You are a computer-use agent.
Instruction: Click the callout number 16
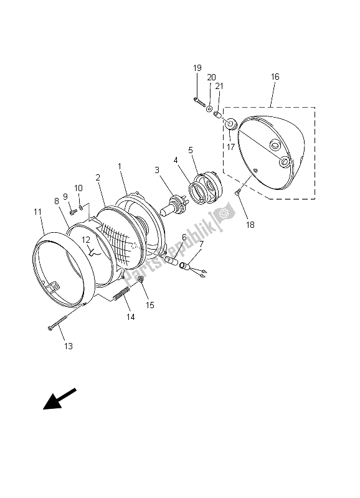pos(275,77)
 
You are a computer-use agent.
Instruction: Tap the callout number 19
pos(197,68)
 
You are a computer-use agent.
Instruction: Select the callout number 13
pos(69,346)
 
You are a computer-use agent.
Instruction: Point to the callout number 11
pos(38,212)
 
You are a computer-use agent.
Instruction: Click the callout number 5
pos(191,150)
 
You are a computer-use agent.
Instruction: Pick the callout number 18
pos(250,225)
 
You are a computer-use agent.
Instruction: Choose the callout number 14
pos(131,317)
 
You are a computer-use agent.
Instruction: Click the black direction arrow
pos(60,398)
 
